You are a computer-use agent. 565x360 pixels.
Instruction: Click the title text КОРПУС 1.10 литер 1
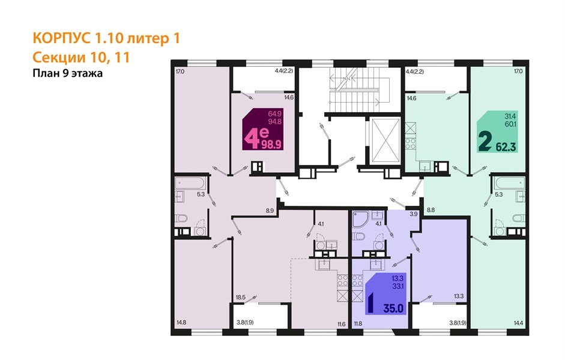pos(106,39)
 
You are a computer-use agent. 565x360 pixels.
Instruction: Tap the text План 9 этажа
pos(68,74)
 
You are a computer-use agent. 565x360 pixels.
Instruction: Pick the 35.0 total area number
pos(394,310)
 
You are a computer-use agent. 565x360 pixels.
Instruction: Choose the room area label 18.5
pos(241,296)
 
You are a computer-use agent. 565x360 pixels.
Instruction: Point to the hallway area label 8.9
pos(270,211)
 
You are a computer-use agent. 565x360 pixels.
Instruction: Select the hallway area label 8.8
pos(431,211)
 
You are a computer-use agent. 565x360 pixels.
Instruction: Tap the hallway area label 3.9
pos(413,214)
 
